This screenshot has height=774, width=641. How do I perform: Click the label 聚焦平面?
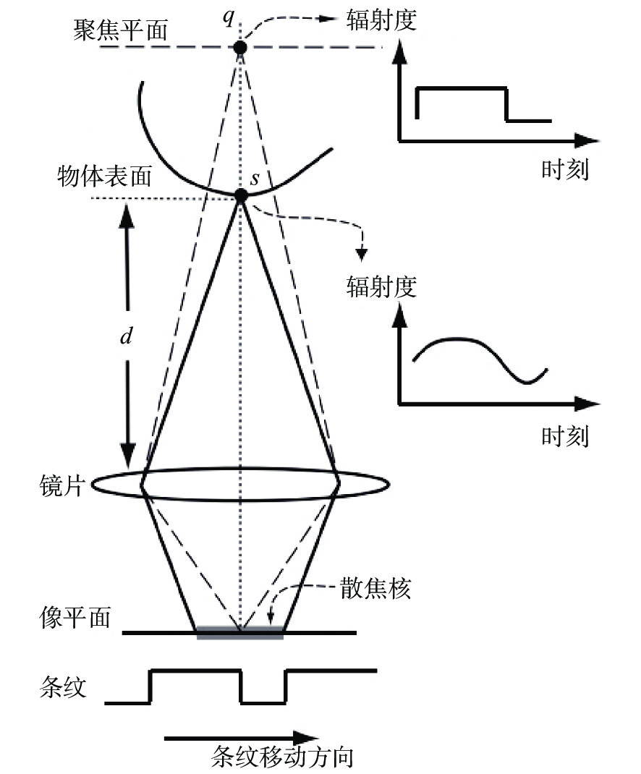121,30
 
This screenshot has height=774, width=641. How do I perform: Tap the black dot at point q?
240,48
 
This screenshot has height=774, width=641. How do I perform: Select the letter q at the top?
229,18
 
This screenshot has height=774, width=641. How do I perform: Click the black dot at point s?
240,196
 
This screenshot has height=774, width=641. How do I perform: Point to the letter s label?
255,178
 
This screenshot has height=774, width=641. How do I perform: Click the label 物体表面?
104,177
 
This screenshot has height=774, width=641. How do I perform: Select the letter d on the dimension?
127,336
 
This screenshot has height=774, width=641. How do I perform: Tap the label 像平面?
75,618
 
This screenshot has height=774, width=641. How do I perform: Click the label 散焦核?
375,588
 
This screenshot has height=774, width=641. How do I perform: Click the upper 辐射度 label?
381,20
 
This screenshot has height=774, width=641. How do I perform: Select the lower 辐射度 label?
381,286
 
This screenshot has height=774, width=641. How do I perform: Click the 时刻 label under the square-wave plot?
565,170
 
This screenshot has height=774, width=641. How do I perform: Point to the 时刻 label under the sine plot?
565,436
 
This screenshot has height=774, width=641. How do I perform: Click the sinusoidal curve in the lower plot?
480,354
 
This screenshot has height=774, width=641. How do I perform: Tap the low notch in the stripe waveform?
263,702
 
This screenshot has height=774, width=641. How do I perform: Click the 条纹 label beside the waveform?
63,687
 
